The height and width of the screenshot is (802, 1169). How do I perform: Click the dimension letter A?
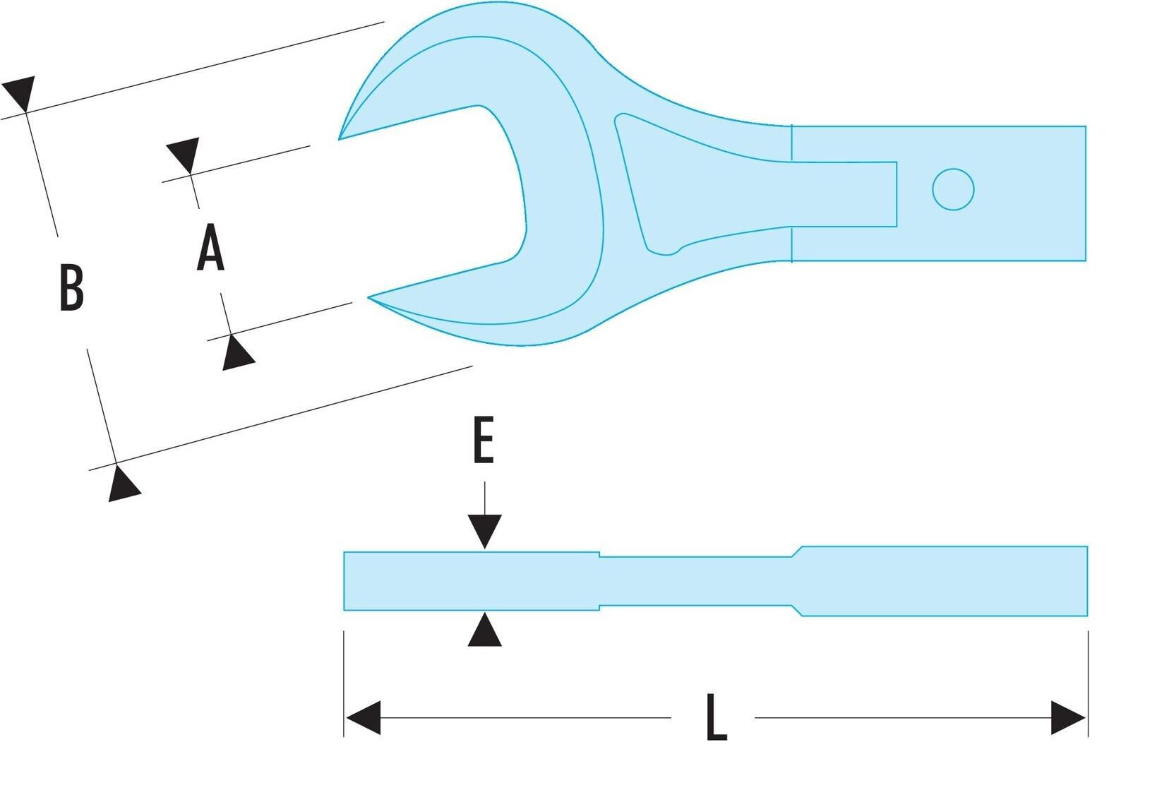tap(210, 247)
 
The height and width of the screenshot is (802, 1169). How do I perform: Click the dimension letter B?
tap(71, 288)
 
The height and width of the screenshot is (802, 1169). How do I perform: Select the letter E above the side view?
tap(484, 440)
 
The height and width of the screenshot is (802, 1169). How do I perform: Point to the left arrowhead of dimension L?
tap(364, 718)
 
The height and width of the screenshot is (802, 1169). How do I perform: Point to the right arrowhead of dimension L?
tap(1068, 718)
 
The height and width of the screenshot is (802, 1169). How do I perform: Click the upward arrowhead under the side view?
tap(484, 629)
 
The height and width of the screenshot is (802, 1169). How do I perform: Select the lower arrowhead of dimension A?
tap(237, 353)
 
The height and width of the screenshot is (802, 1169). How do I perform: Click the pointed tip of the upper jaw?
tap(340, 139)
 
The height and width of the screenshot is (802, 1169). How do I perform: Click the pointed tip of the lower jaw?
tap(369, 297)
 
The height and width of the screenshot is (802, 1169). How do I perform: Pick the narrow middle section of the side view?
tap(695, 581)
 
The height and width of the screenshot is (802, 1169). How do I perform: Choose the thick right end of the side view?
tap(945, 581)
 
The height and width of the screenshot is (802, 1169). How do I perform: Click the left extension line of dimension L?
tap(343, 683)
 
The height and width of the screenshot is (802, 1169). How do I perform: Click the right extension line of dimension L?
tap(1088, 683)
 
